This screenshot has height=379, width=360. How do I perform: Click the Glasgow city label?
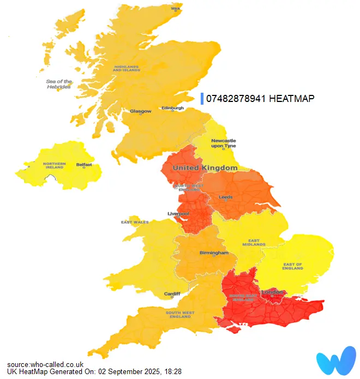pos(140,111)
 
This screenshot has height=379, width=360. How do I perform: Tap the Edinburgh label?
pos(172,108)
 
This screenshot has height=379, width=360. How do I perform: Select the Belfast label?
pos(84,164)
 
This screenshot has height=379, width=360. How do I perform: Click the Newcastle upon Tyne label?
pos(223,143)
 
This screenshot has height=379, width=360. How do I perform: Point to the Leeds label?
pos(225,197)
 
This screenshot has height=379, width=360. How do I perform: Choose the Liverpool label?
pos(178,214)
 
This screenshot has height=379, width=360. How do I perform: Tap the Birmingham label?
pos(214,253)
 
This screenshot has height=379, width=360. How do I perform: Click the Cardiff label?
pos(172,293)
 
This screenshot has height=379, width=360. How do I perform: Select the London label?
pos(272,293)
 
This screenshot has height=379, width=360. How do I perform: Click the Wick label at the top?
pos(176,9)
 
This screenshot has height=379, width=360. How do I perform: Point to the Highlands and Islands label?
pos(127,69)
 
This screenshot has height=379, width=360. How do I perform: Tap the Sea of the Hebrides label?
pos(59,84)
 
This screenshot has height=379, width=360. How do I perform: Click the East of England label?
pos(293,267)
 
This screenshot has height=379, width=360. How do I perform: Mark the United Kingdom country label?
pos(205,168)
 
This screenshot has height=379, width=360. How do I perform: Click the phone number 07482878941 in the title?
pos(236,99)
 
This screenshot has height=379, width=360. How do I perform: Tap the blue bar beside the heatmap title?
pos(202,99)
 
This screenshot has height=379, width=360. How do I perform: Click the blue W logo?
pos(335,360)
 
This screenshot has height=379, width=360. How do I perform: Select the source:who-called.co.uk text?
pos(45,364)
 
